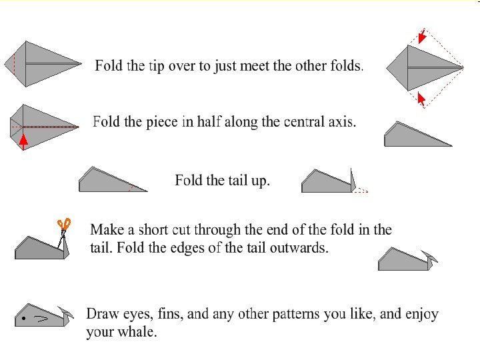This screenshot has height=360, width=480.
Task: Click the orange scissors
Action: tap(64, 225)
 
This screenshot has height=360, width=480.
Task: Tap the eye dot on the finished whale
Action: tap(23, 319)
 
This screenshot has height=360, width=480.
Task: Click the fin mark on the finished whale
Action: tap(41, 319)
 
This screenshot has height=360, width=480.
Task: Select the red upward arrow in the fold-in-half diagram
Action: tap(23, 142)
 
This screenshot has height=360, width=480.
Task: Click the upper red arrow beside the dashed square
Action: tap(422, 36)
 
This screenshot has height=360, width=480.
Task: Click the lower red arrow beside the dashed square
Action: tap(421, 99)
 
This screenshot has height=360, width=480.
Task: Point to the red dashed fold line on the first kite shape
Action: tap(14, 64)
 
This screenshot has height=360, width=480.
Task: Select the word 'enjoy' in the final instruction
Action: tap(424, 315)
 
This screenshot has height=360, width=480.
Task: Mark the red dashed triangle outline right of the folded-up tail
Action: tap(361, 191)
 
